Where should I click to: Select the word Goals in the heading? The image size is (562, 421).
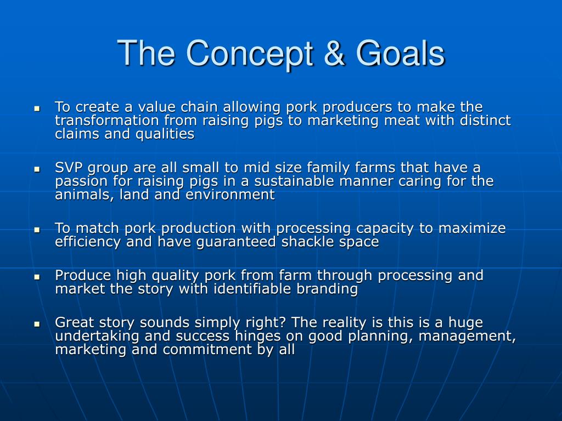pos(400,53)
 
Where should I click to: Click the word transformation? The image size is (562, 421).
pos(107,120)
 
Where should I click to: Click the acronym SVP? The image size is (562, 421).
pos(69,168)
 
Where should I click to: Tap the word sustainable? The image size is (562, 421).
pos(294,181)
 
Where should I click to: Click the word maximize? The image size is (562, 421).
pos(472,228)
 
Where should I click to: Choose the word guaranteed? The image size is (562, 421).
pos(236,242)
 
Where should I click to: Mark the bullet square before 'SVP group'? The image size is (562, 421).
pos(37,169)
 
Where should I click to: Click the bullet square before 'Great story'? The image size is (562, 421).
pos(37,323)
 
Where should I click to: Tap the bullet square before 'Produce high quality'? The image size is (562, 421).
pos(37,277)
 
